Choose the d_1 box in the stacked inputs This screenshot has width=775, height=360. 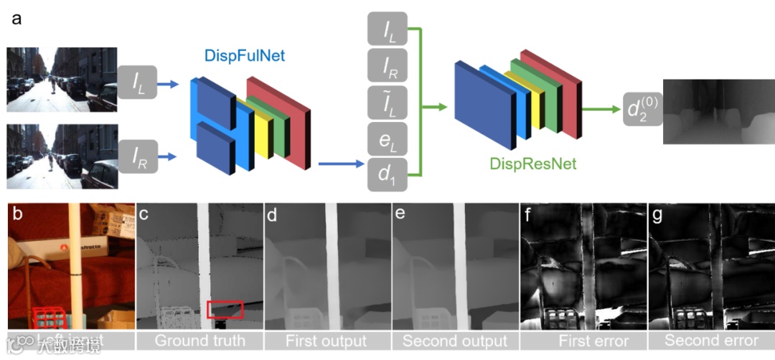(x=387, y=175)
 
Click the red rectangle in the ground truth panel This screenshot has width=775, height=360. (x=225, y=309)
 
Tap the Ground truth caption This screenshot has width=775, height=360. (x=199, y=340)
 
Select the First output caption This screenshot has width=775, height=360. (x=327, y=340)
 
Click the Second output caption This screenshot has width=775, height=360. (x=455, y=340)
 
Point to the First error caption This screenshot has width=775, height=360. (x=583, y=340)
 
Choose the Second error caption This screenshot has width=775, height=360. (x=710, y=340)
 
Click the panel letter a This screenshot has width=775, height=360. (x=17, y=19)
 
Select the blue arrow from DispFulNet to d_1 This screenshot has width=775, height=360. (x=341, y=165)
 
